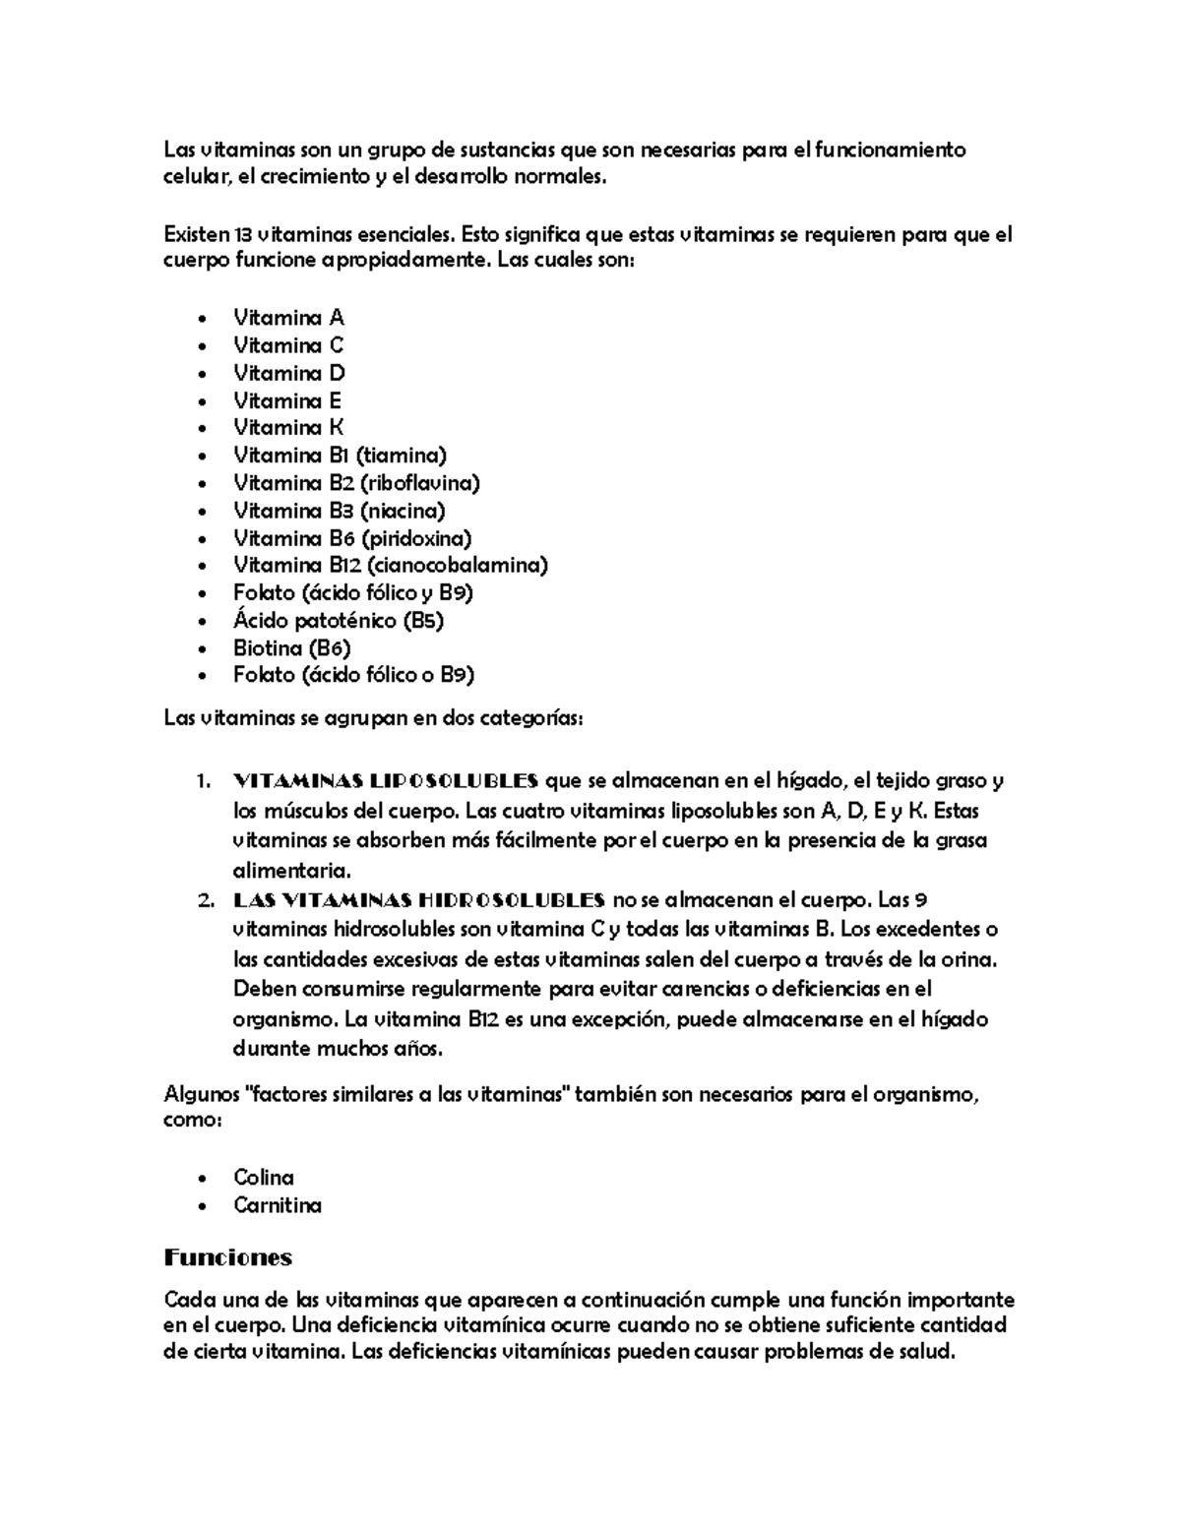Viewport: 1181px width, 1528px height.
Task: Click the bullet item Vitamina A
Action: coord(288,318)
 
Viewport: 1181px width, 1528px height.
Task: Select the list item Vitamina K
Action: coord(288,428)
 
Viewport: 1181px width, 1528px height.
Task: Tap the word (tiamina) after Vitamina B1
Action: coord(402,456)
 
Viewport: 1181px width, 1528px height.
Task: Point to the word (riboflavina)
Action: coord(420,483)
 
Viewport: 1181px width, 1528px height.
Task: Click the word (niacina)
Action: coord(403,511)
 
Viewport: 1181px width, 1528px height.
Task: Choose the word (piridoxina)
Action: coord(416,538)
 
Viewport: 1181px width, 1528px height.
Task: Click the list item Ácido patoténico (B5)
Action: coord(338,621)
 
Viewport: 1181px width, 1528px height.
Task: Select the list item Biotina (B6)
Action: coord(292,648)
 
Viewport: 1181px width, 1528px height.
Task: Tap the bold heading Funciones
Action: coord(228,1257)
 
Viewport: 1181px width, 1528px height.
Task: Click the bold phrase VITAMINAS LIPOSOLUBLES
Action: coord(385,781)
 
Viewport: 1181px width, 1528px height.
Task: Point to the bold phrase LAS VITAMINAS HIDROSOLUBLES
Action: coord(419,900)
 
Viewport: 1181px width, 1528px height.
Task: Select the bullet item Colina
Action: coord(264,1178)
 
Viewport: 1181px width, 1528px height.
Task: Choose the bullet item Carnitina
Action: coord(278,1205)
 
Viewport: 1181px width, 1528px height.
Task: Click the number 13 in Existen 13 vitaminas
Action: coord(242,235)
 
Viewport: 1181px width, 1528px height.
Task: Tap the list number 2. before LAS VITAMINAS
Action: coord(205,900)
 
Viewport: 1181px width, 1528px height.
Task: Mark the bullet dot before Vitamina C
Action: coord(203,346)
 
